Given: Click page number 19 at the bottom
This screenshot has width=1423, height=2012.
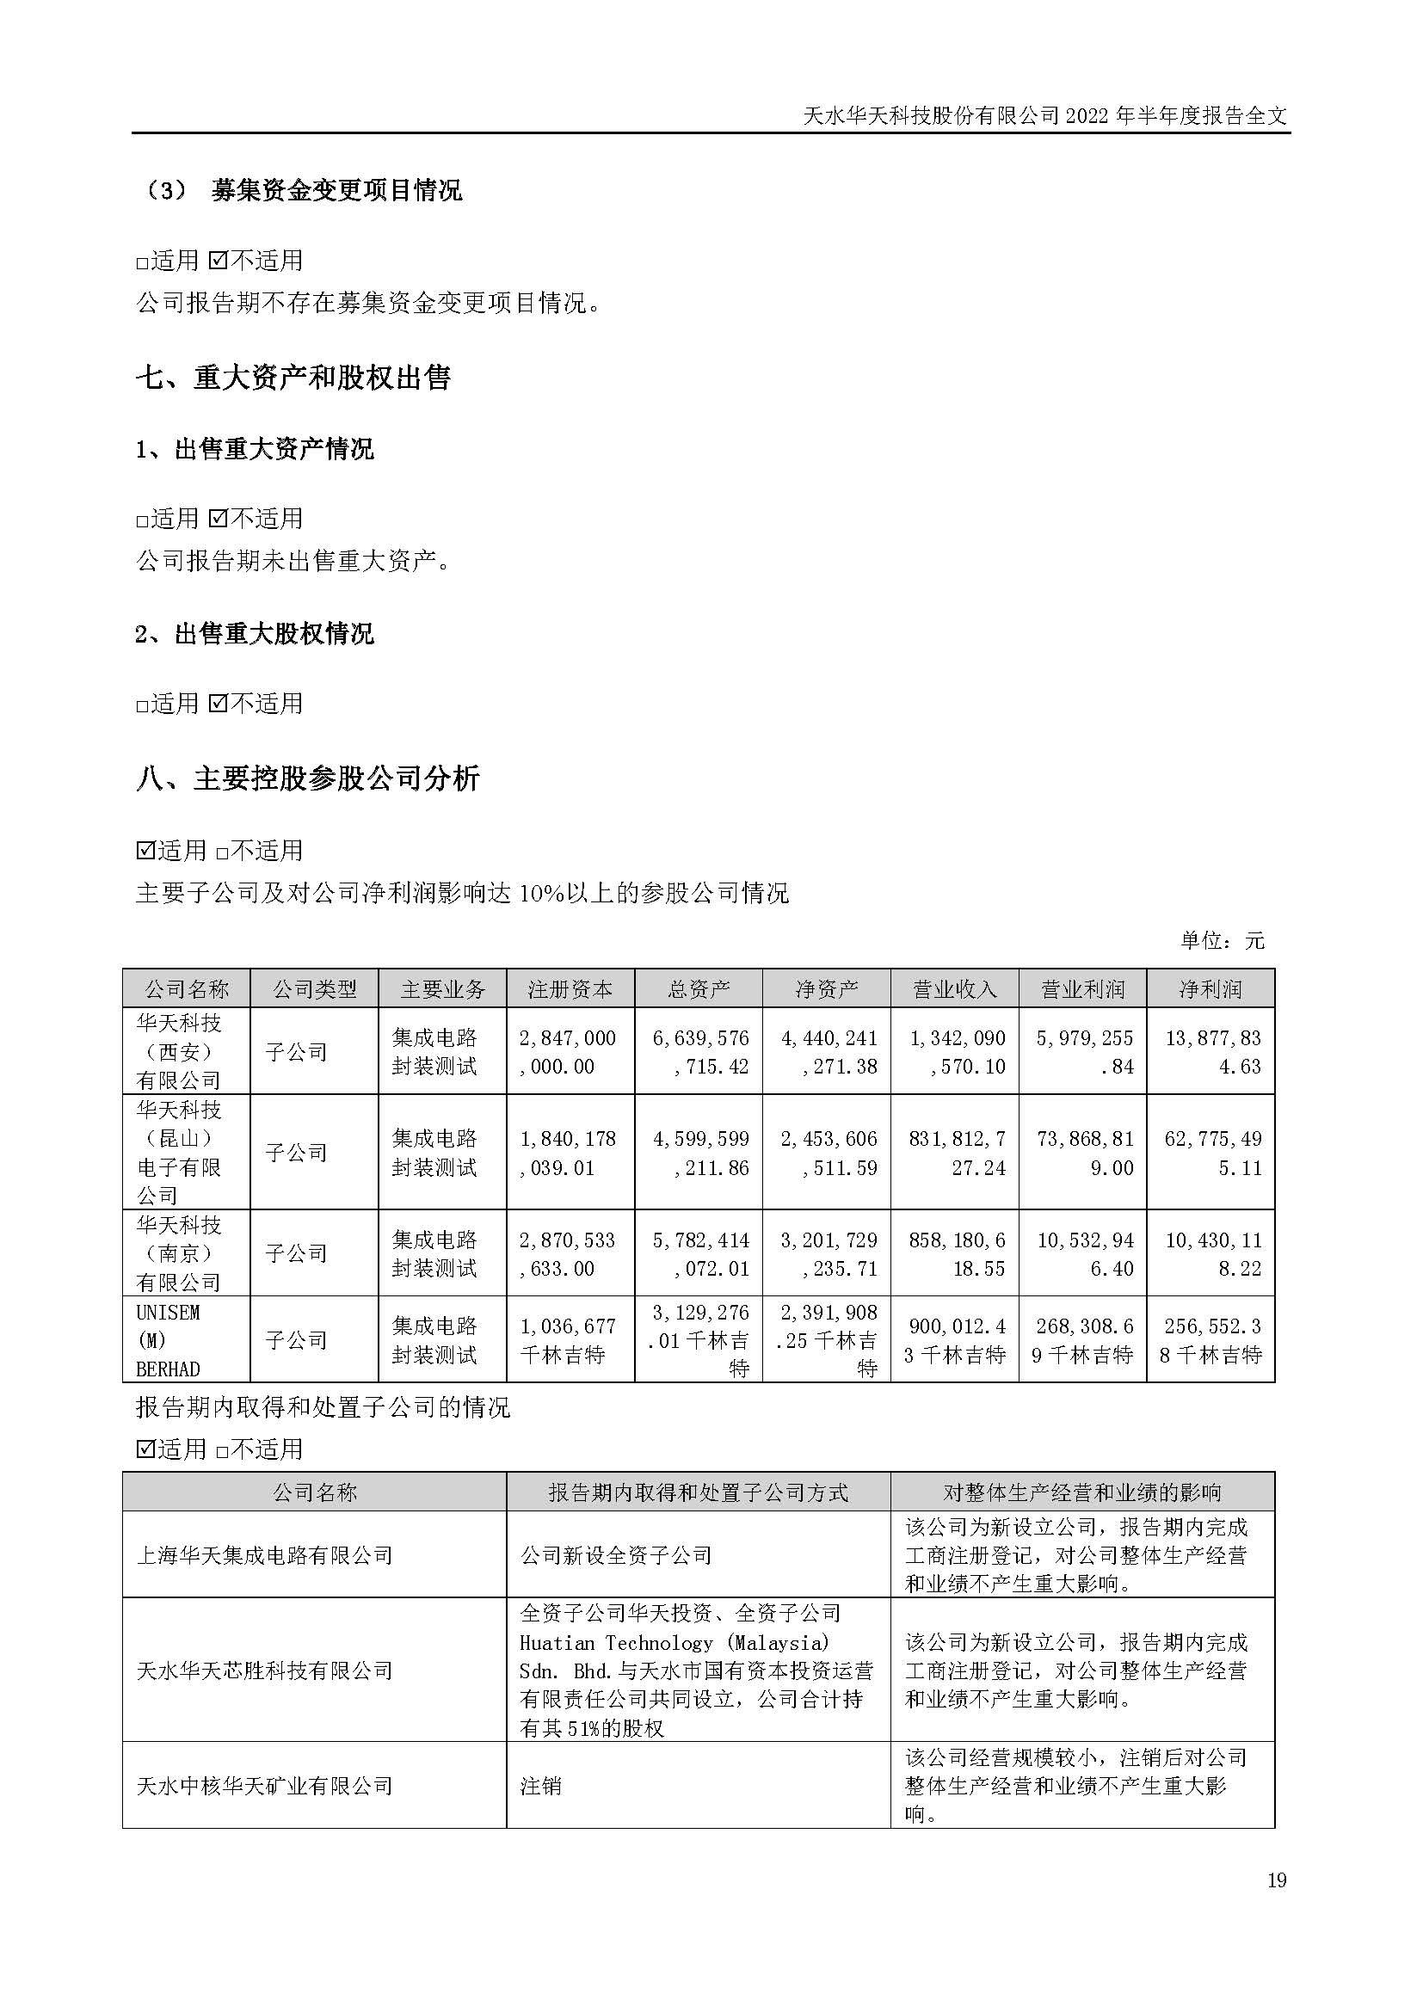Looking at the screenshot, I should click(1277, 1880).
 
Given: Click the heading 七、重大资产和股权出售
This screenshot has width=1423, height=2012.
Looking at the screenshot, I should click(293, 378).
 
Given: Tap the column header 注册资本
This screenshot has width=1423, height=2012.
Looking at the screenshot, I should click(570, 989).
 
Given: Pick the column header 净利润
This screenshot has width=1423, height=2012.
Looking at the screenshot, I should click(1210, 989).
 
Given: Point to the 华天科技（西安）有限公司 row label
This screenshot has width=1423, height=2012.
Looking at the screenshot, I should click(179, 1051).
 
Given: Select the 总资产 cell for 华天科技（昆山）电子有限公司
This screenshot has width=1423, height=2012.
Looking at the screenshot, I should click(700, 1154).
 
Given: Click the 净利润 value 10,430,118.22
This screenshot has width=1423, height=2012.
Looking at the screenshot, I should click(1212, 1254).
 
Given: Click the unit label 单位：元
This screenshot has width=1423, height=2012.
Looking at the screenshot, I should click(1223, 941).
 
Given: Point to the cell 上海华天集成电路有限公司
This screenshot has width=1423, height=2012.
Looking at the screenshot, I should click(264, 1555).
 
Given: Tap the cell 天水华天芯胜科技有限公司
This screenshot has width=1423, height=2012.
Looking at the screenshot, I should click(264, 1671).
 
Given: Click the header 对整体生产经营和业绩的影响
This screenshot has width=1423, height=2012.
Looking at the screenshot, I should click(1082, 1492).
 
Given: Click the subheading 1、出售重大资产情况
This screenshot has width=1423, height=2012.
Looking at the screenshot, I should click(254, 450).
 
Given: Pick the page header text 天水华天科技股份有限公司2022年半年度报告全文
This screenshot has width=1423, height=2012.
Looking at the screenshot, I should click(1044, 115).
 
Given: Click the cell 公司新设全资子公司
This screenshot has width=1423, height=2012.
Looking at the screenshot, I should click(616, 1555).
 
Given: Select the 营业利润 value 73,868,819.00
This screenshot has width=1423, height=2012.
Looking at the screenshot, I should click(1085, 1154).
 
